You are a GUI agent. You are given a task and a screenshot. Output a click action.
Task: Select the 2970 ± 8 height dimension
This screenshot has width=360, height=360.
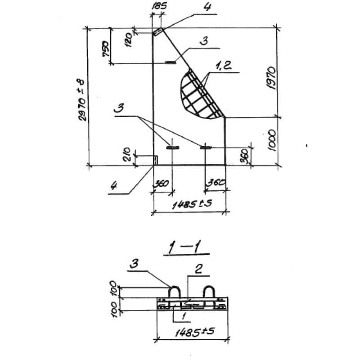82,100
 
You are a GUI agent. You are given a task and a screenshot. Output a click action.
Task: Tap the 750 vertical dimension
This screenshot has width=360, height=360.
105,49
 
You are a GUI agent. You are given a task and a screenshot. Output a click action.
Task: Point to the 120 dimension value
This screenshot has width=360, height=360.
129,40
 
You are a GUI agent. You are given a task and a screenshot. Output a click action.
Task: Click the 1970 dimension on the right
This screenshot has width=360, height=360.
271,78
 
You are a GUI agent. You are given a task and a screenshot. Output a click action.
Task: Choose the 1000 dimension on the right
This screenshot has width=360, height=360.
272,140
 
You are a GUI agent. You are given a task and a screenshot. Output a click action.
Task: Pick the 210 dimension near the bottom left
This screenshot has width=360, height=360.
126,154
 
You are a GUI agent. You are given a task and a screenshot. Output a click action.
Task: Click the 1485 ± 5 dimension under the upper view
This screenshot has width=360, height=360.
192,204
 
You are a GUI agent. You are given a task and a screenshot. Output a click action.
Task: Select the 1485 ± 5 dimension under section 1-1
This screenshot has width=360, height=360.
195,332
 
